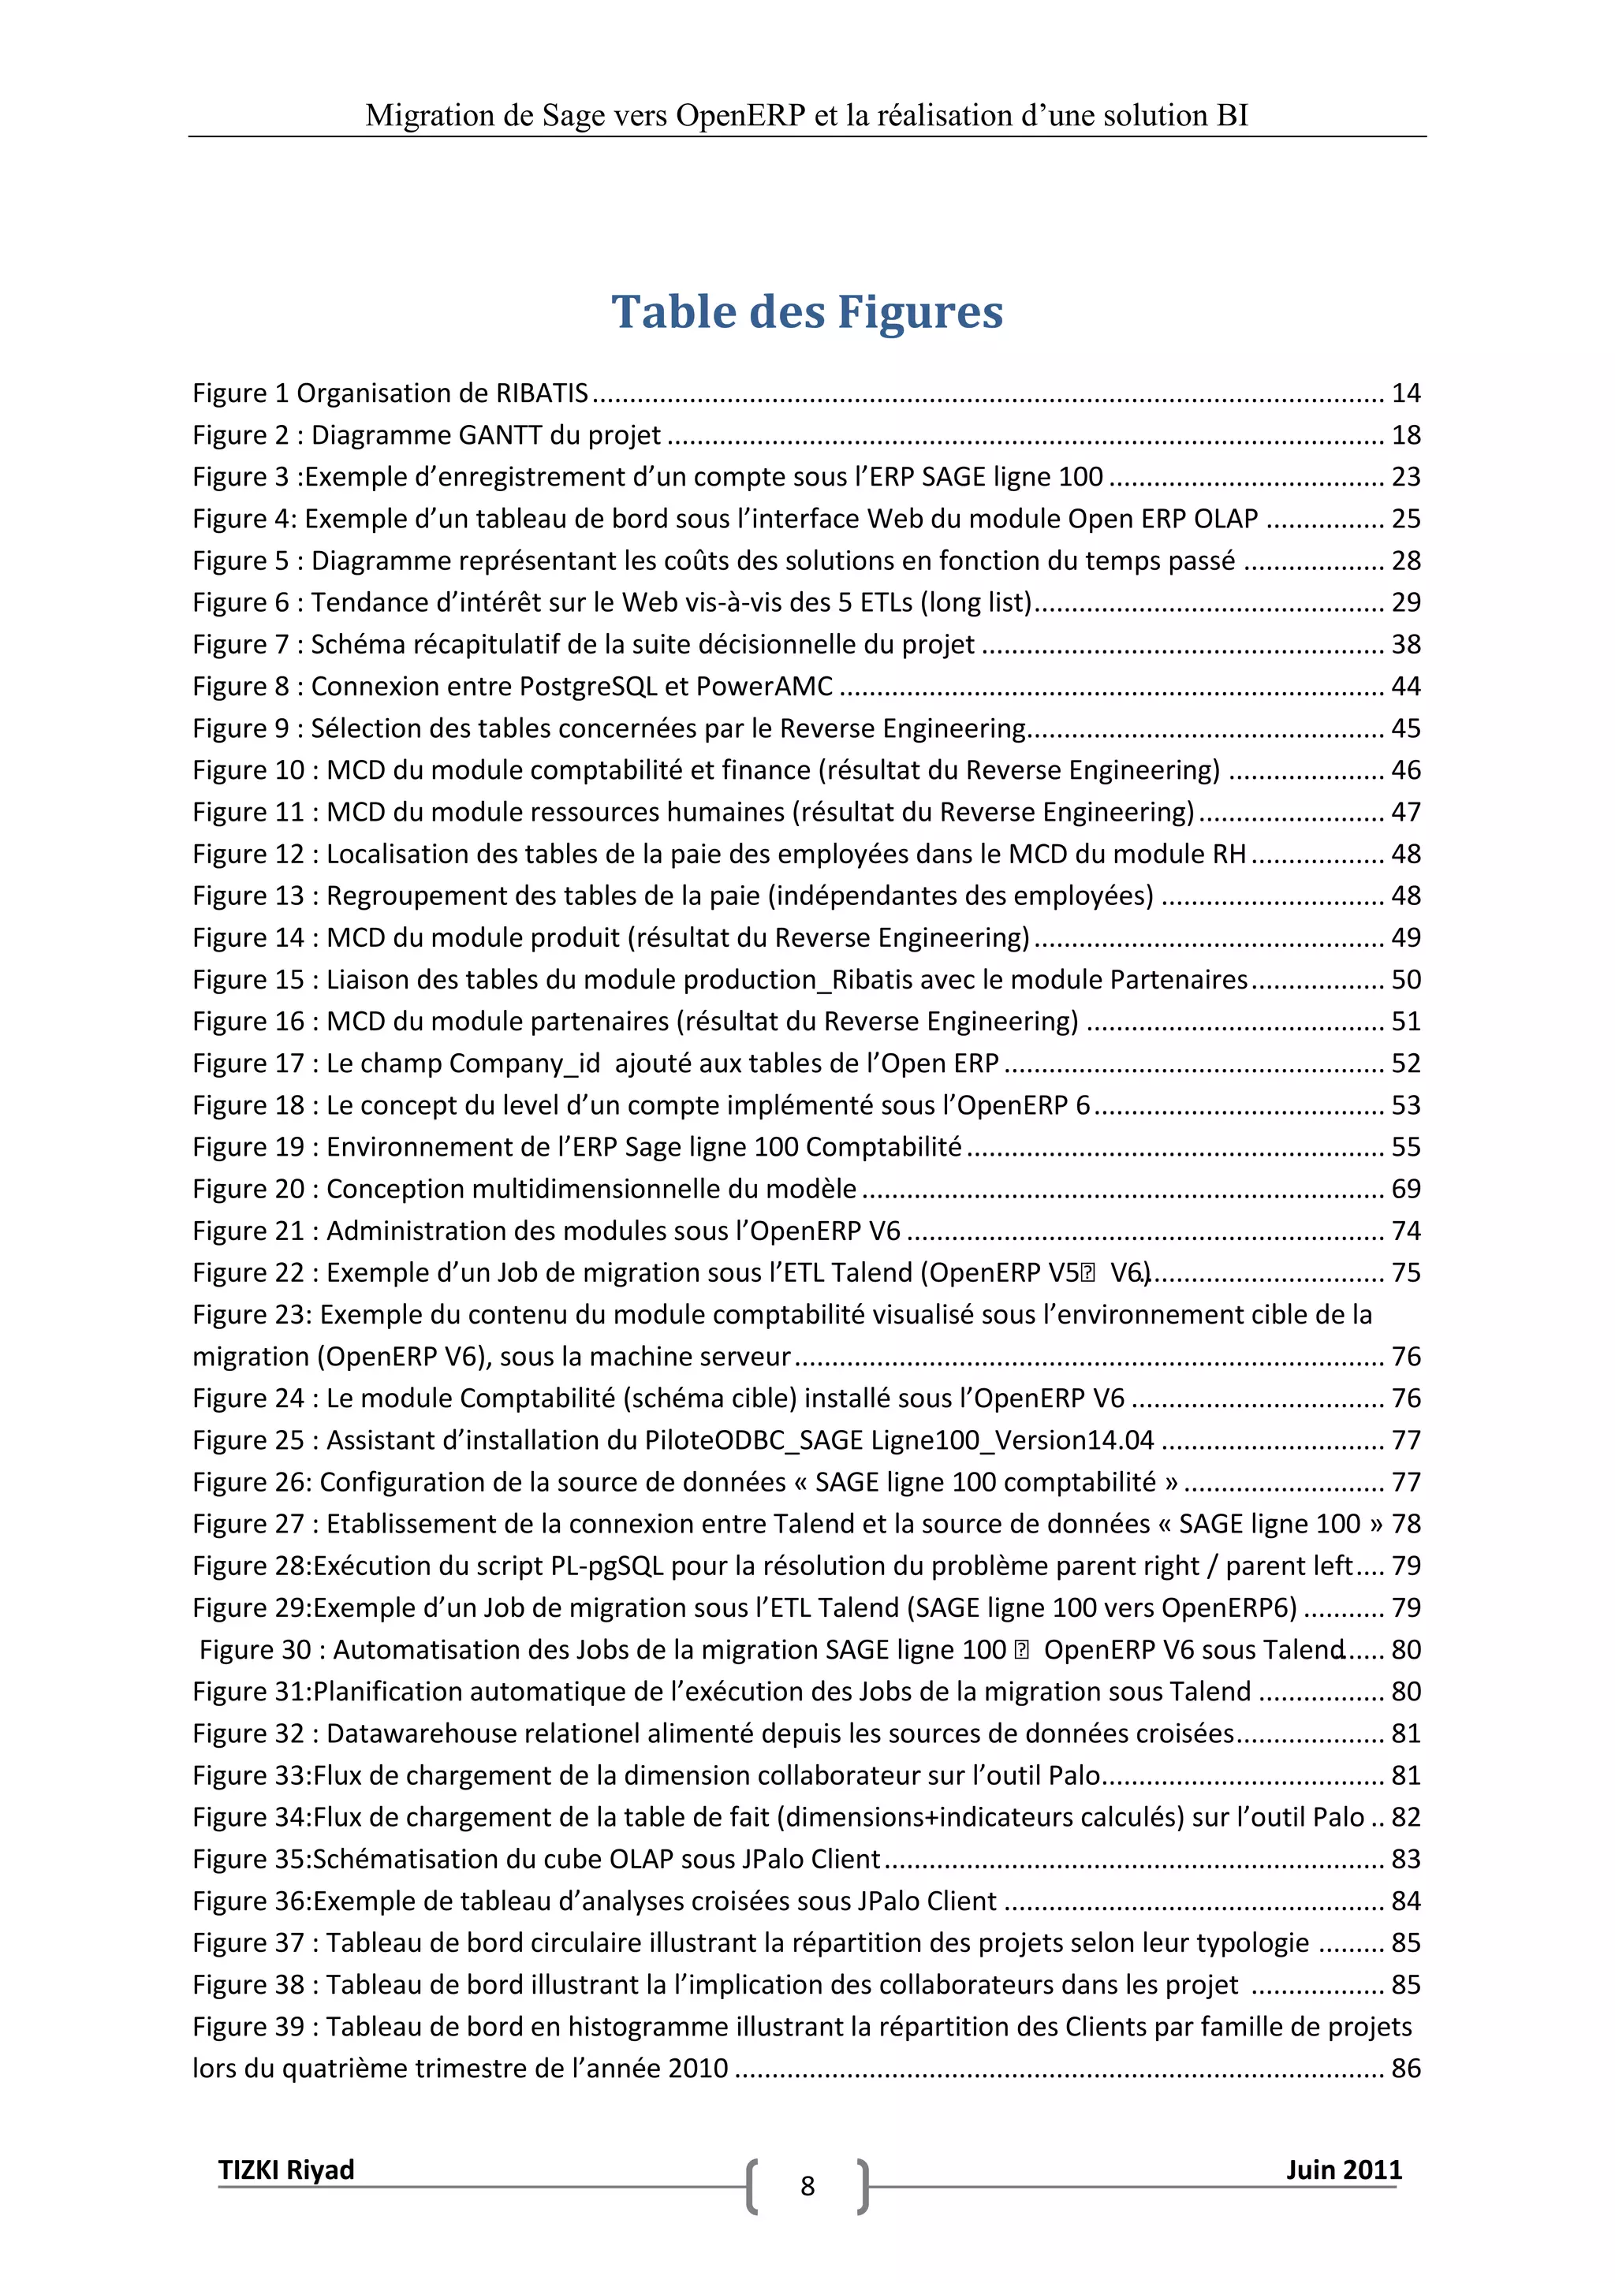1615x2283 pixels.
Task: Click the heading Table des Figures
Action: pyautogui.click(x=807, y=311)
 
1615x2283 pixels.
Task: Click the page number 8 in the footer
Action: pyautogui.click(x=807, y=2185)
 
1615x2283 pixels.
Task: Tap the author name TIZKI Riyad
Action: pyautogui.click(x=285, y=2169)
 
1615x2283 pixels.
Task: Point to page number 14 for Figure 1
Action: pyautogui.click(x=1405, y=393)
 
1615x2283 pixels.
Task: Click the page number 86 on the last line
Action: pyautogui.click(x=1405, y=2069)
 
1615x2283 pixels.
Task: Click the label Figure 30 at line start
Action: pyautogui.click(x=255, y=1650)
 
